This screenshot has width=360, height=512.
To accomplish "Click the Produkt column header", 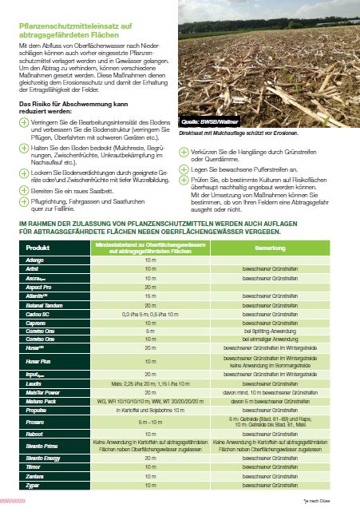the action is [x=38, y=248].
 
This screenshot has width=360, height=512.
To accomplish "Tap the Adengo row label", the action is [x=36, y=260].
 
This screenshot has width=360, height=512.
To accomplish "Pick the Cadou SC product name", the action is [x=39, y=316].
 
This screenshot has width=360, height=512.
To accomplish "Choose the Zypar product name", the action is [x=34, y=486].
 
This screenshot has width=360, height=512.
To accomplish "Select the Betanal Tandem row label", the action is [x=44, y=306].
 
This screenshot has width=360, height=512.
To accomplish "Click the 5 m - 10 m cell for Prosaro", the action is [x=150, y=422].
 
